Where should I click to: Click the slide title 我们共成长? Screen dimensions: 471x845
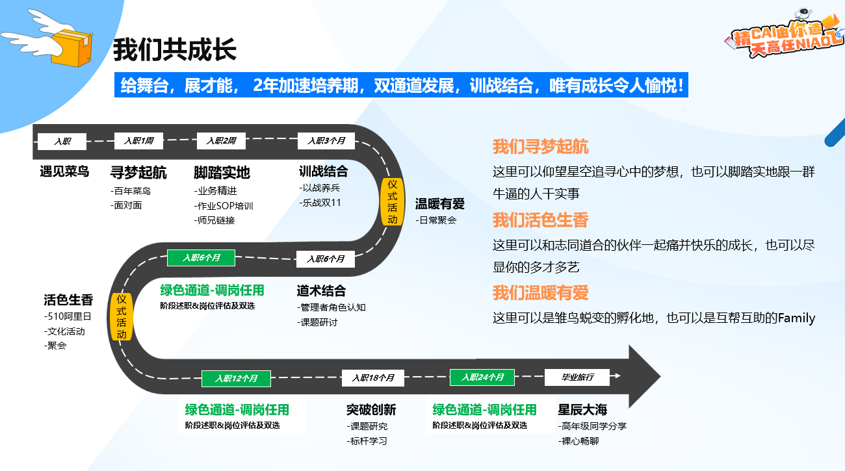pos(174,50)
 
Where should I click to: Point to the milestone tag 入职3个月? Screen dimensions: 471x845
pos(326,141)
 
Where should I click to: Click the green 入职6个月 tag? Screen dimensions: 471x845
pos(201,258)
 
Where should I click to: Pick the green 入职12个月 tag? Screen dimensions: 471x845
pos(236,378)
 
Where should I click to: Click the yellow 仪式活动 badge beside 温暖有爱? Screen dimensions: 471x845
pos(392,201)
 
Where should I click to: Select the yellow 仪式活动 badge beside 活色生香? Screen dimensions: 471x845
pos(122,317)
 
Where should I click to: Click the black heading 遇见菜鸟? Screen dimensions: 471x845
pos(64,172)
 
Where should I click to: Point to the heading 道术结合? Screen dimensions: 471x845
pos(321,290)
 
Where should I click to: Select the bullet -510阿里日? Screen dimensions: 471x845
pos(68,317)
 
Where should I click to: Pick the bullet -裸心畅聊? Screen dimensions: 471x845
pos(578,441)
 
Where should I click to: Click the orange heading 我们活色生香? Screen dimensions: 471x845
pos(540,220)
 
